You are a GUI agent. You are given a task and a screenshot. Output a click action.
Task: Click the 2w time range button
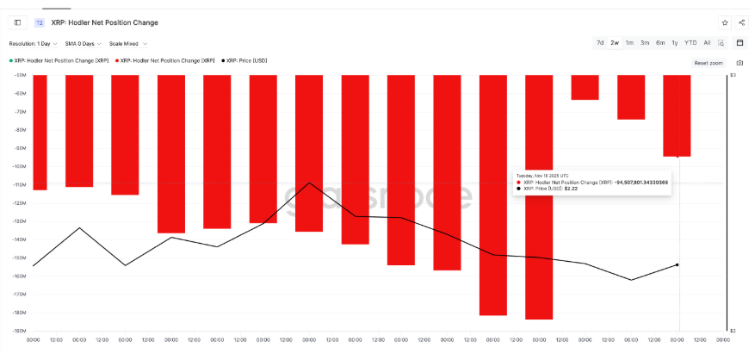point(615,42)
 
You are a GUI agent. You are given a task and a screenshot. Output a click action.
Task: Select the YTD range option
point(690,42)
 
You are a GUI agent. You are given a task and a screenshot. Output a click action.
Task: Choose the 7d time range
point(600,42)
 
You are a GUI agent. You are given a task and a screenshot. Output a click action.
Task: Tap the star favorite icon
point(724,22)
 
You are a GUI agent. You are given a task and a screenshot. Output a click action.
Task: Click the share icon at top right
point(740,22)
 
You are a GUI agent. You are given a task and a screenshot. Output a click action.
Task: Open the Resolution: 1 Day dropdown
point(33,43)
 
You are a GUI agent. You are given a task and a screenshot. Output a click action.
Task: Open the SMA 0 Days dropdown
point(83,43)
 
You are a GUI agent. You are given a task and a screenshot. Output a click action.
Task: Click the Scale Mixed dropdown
point(127,43)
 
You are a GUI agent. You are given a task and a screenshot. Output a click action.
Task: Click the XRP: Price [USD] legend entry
point(247,60)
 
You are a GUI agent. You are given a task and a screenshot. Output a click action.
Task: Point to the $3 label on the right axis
point(733,76)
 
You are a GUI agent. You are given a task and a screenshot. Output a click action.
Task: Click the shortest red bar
point(585,87)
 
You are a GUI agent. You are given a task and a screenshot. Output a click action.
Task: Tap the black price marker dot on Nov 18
point(678,264)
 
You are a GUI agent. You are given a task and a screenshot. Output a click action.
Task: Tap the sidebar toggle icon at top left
point(17,22)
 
